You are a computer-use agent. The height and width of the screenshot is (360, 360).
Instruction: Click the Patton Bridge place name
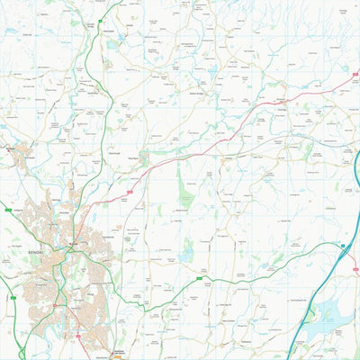(199, 92)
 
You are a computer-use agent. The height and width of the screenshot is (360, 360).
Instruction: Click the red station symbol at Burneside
(11, 147)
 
